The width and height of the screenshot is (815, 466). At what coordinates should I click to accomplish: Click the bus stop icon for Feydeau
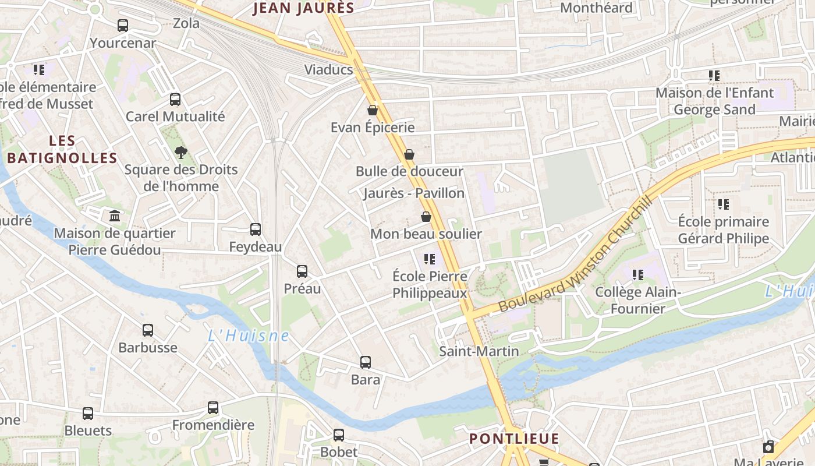[255, 230]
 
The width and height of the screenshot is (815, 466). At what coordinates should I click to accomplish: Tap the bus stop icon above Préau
[302, 271]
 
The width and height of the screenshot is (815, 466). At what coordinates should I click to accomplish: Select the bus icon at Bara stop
[365, 362]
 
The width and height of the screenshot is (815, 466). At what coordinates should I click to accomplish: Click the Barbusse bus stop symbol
[147, 330]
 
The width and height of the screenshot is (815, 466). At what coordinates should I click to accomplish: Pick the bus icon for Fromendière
[213, 408]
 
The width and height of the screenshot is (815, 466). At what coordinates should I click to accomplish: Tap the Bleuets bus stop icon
[87, 414]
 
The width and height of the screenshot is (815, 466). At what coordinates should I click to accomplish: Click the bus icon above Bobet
[338, 435]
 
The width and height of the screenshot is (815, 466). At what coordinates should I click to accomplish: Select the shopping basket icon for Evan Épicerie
[373, 110]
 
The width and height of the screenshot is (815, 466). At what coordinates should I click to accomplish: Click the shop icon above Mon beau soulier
[426, 217]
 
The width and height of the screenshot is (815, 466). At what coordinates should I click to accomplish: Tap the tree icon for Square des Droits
[181, 153]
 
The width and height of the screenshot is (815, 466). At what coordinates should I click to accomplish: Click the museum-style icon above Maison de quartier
[115, 216]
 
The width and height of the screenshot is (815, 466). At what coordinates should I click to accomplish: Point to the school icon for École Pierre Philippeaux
[430, 259]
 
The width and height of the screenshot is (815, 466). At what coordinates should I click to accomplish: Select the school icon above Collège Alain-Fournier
[638, 274]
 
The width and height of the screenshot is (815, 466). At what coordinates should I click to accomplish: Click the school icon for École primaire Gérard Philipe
[723, 204]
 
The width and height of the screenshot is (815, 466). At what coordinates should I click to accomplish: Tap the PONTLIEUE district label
[514, 439]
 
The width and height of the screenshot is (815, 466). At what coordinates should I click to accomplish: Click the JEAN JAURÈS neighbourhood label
[304, 8]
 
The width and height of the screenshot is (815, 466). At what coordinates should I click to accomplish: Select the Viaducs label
[328, 70]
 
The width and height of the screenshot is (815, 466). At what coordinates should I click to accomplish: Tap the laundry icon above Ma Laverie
[768, 447]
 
